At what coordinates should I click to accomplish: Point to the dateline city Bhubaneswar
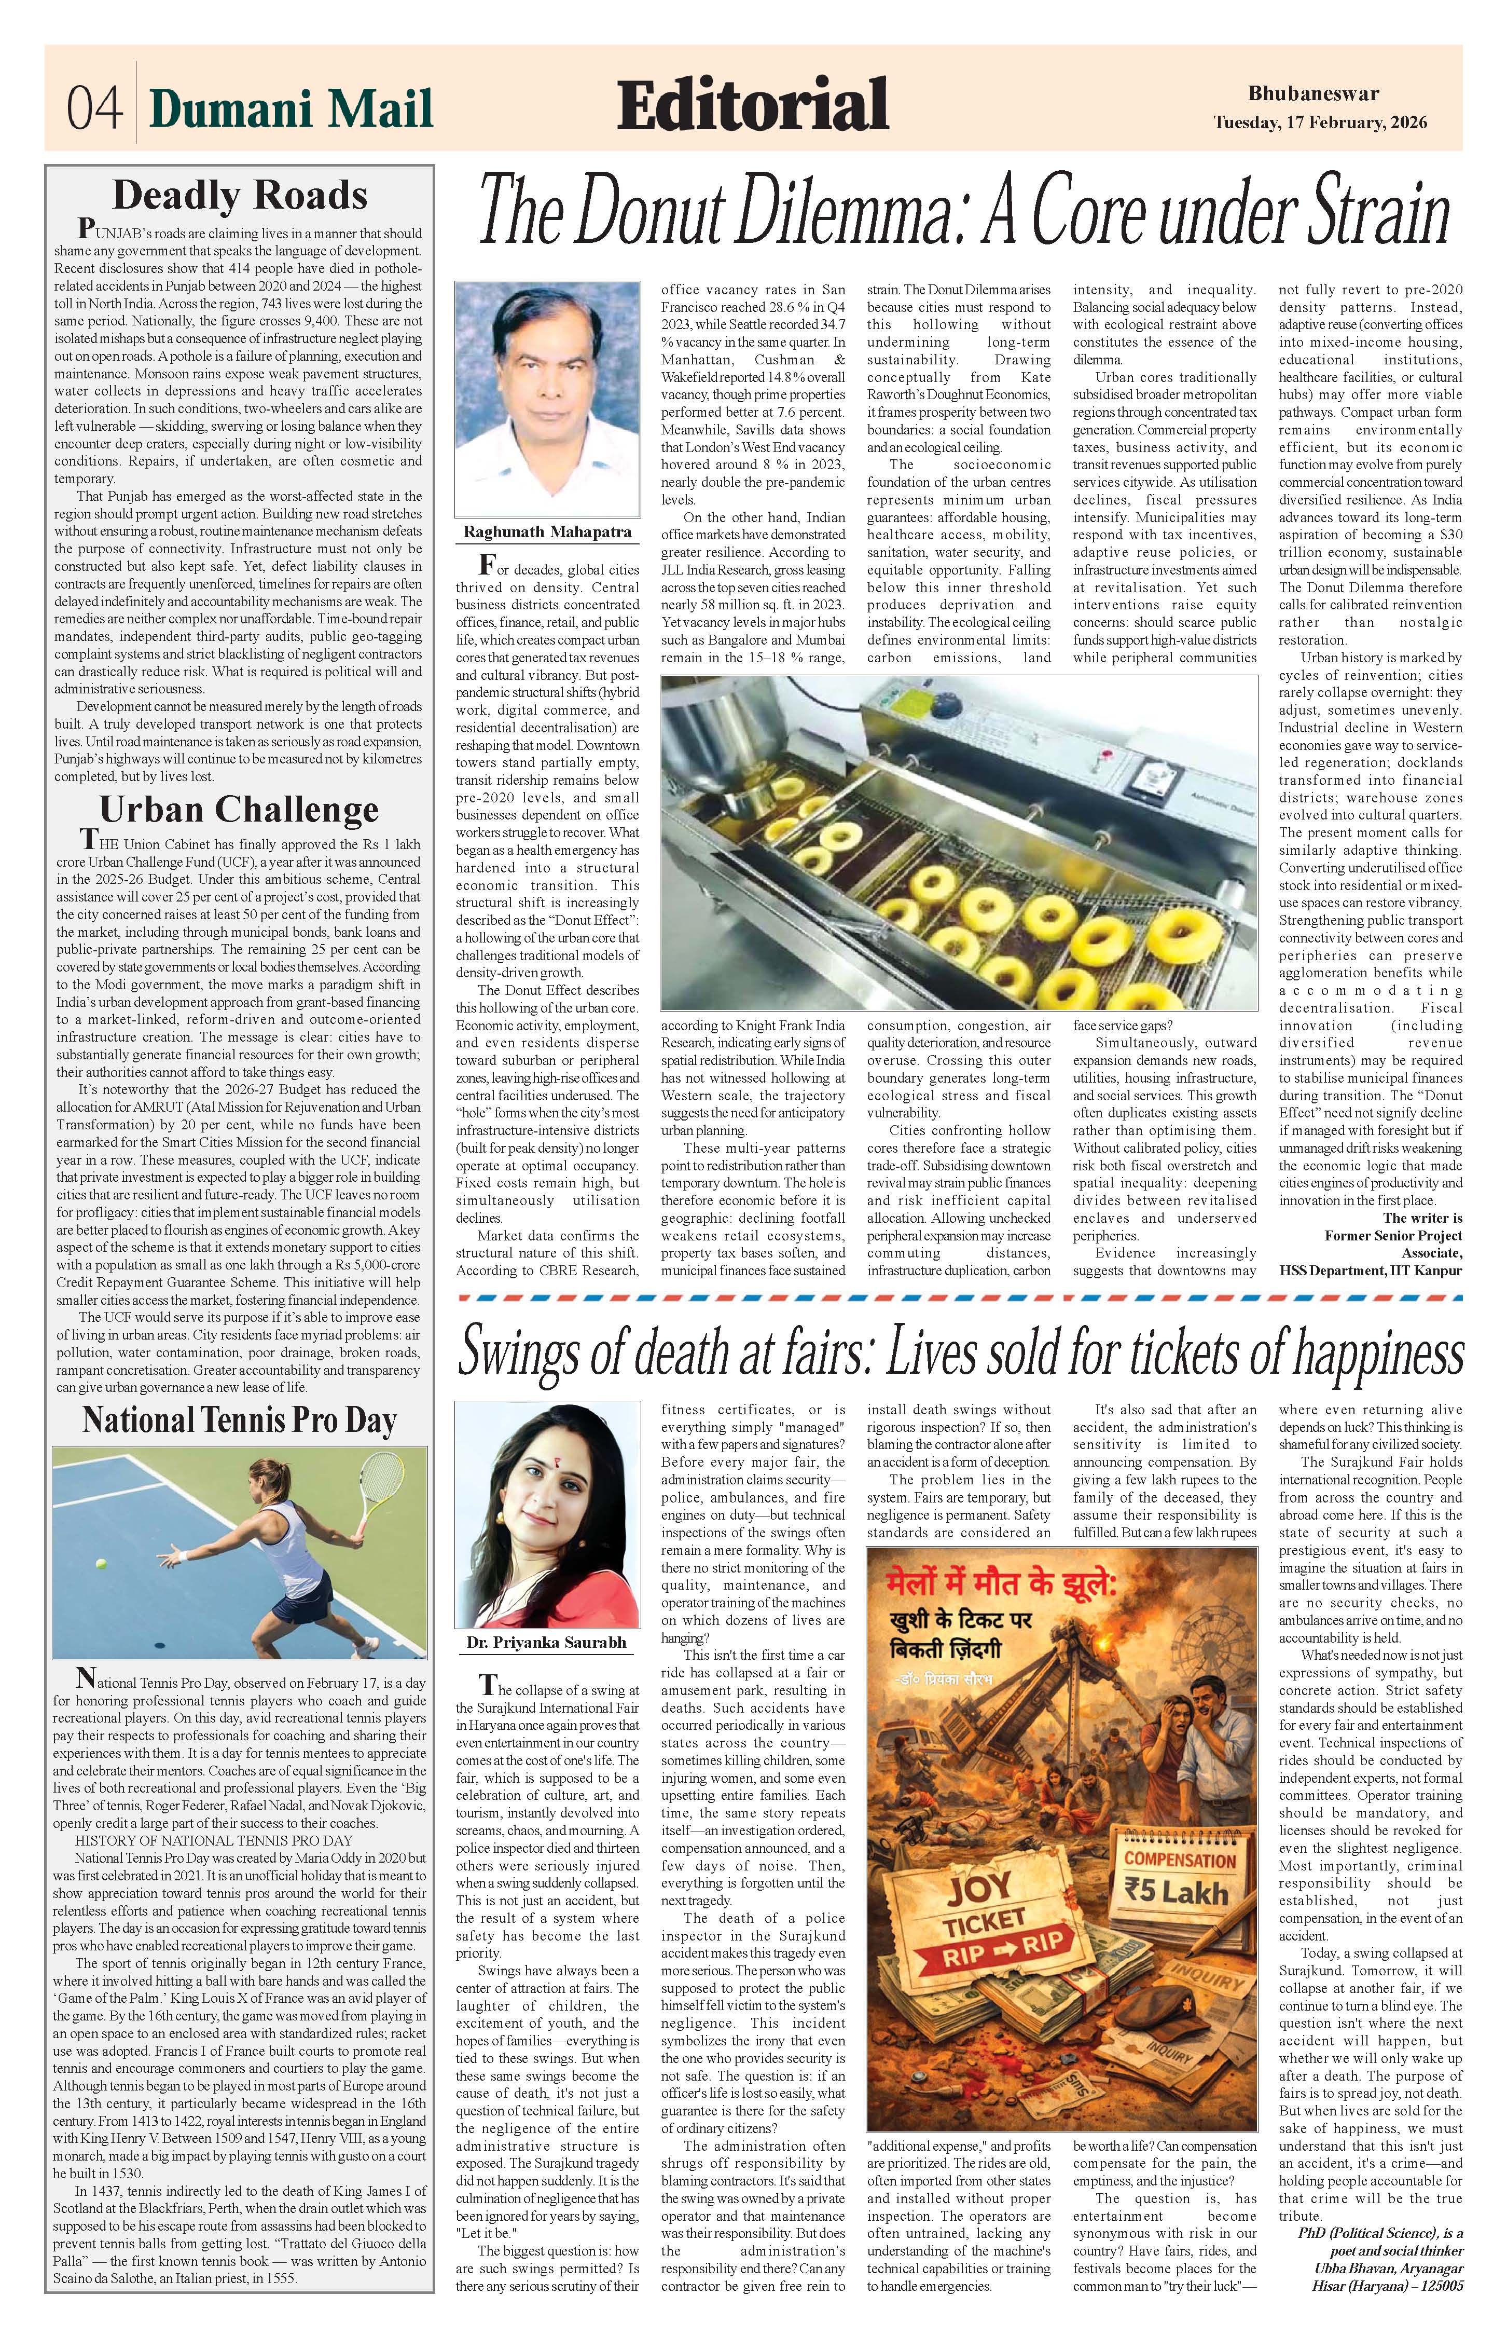[1314, 94]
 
